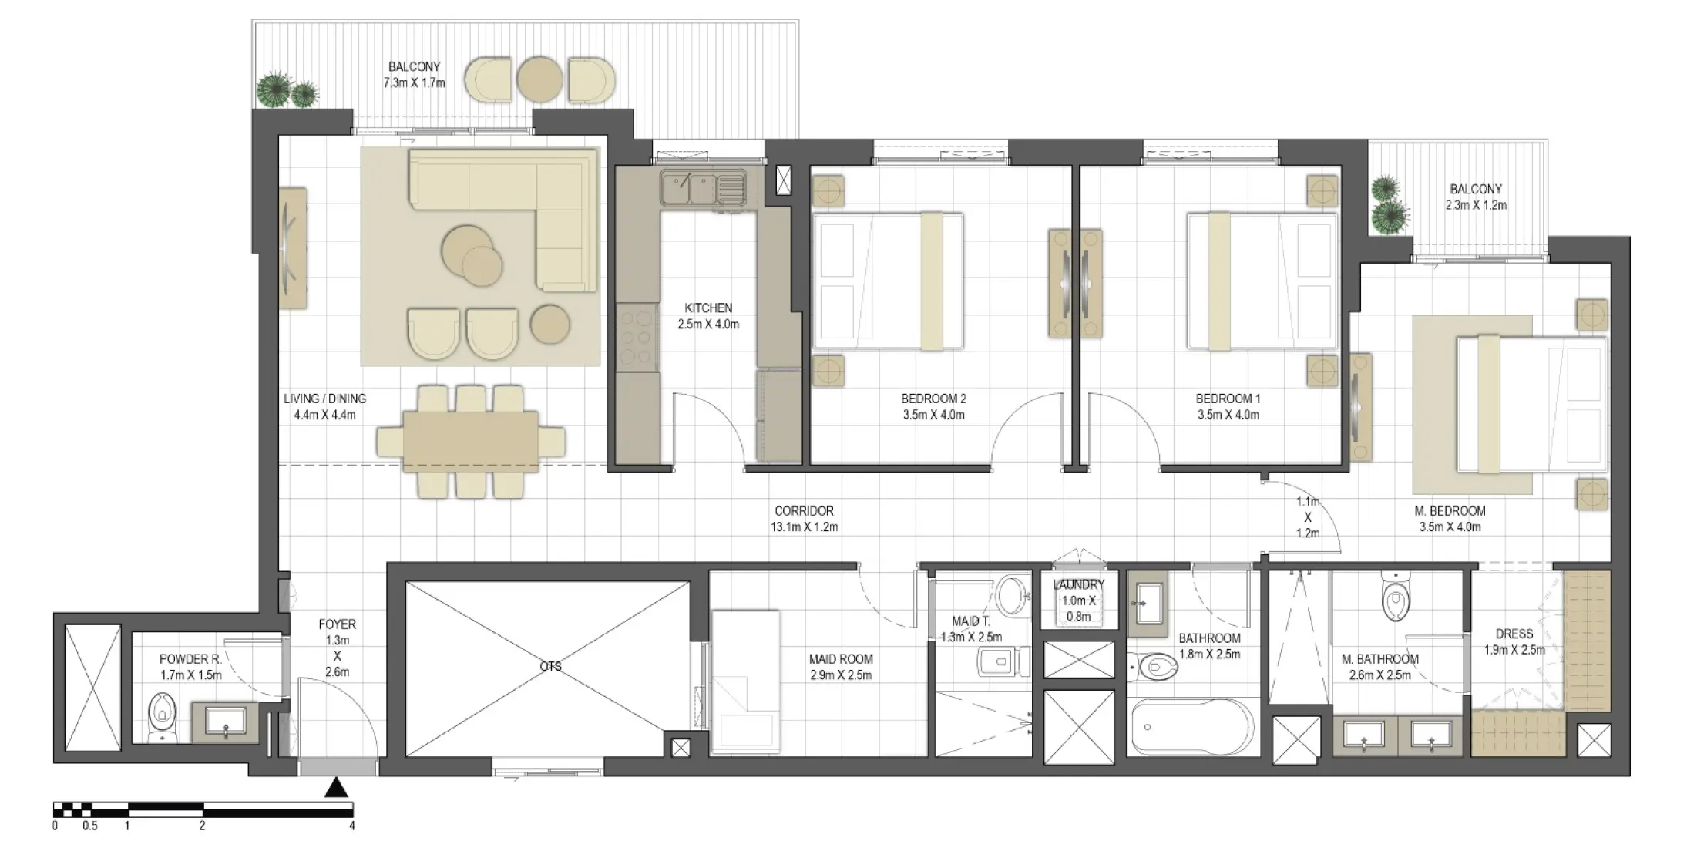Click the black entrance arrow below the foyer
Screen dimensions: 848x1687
[336, 787]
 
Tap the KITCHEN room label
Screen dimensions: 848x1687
[708, 308]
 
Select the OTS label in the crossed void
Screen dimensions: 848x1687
[550, 667]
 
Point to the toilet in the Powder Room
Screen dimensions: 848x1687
[162, 715]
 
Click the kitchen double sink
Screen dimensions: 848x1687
[702, 187]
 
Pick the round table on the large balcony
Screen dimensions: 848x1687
[539, 79]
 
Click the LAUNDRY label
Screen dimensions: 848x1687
[1078, 585]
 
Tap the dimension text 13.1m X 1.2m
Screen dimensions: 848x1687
[804, 527]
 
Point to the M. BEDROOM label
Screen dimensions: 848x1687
[1450, 511]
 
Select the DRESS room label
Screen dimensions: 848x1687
[1514, 634]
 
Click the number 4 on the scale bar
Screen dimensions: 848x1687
[352, 826]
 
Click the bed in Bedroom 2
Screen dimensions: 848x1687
[888, 281]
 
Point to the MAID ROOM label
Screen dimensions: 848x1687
[841, 659]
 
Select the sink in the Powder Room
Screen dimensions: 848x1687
[225, 720]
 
